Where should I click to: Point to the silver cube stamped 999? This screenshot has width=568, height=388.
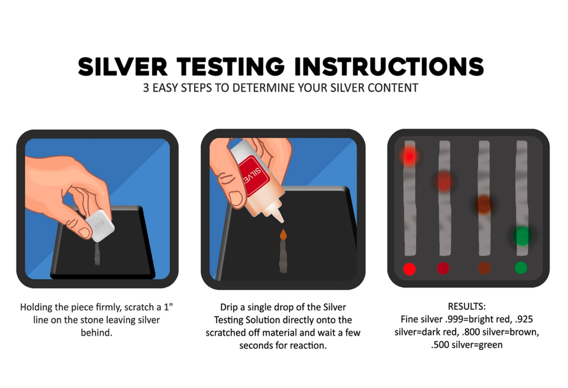point(99,225)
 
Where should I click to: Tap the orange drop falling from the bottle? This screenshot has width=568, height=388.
point(283,235)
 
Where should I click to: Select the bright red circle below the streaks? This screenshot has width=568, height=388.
point(409,269)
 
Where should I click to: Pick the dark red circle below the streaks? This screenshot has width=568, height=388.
point(443,269)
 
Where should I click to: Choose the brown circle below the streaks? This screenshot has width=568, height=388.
point(484,268)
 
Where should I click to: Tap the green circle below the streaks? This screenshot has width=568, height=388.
point(521,268)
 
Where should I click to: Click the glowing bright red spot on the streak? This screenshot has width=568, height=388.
point(409,156)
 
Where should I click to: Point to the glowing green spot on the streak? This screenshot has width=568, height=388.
point(521,235)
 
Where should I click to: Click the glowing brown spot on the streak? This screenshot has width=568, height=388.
point(484,204)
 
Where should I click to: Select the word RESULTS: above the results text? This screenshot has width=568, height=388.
point(467,308)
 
